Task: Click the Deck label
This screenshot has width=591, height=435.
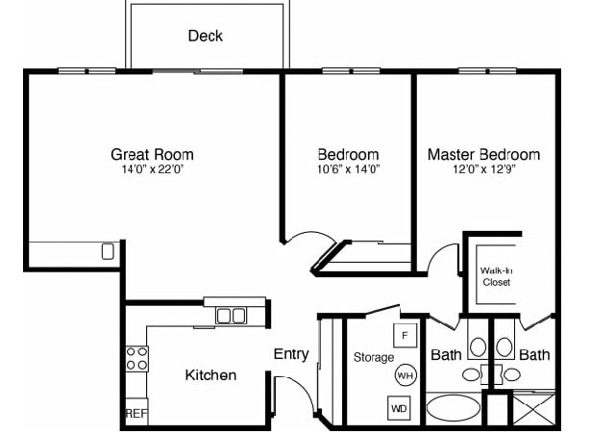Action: coord(205,36)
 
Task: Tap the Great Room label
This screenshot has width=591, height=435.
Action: coord(152,154)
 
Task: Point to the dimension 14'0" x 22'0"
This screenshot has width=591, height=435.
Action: coord(152,169)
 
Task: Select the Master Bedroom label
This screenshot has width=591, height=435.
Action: coord(483,154)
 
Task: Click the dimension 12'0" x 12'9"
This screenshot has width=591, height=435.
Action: coord(483,169)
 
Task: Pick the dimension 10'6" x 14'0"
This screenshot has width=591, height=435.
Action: coord(348,169)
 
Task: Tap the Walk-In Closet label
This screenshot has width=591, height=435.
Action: coord(496,276)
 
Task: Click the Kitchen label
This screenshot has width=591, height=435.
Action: coord(210,374)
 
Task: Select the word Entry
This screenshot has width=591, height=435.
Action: coord(291,354)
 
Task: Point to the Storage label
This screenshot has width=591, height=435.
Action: coord(374,357)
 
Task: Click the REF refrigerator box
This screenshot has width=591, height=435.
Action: coord(135,413)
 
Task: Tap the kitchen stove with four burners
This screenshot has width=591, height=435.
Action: coord(137,359)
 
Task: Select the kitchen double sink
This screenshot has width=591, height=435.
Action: coord(231,315)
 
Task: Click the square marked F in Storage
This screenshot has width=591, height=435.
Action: coord(405,335)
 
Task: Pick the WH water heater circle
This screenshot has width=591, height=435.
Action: coord(405,374)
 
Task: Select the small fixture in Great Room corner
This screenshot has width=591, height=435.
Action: coord(108,252)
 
